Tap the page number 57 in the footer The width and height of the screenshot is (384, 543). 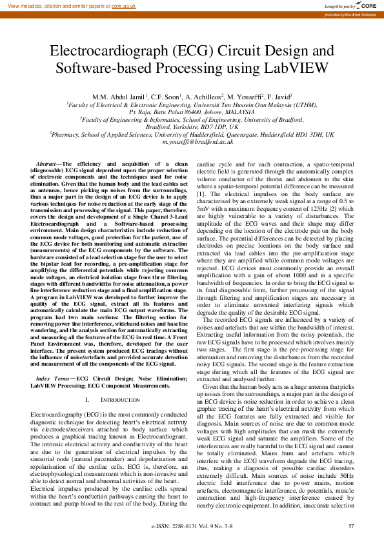click(x=351, y=527)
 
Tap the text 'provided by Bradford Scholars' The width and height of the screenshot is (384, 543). click(x=350, y=14)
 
